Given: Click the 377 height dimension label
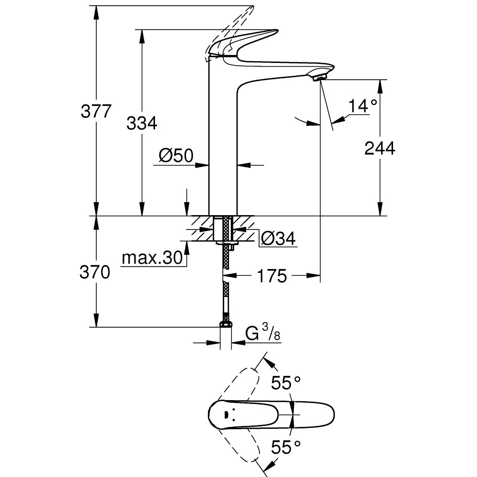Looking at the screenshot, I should click(96, 111).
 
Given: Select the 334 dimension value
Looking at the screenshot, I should click(142, 123).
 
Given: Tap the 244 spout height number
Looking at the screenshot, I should click(380, 148).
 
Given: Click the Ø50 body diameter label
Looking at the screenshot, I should click(176, 155).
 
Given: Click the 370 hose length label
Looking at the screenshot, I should click(96, 272).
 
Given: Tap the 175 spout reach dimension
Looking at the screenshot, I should click(272, 276).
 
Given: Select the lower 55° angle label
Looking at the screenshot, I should click(287, 447).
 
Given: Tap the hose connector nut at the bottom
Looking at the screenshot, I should click(226, 325).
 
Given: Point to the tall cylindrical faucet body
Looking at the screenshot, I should click(223, 143).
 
